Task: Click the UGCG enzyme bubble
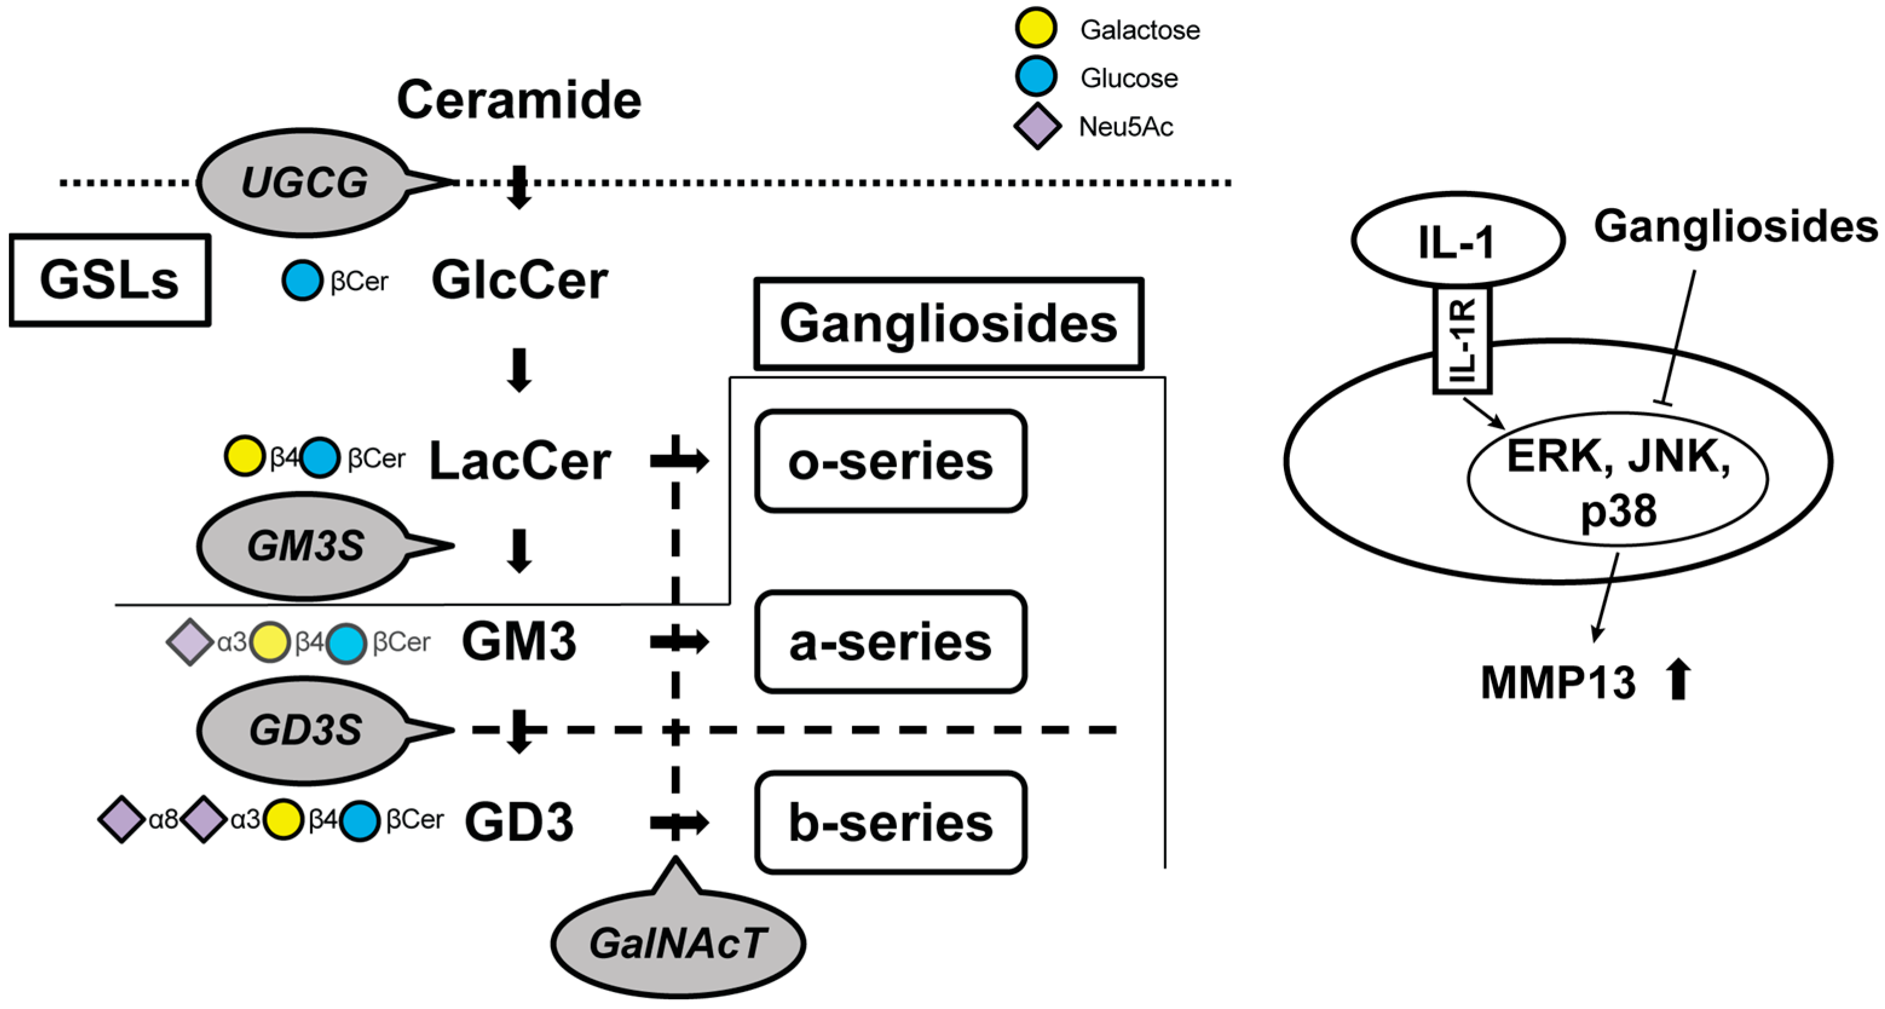304,182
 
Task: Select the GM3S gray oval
304,546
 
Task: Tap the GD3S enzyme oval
304,730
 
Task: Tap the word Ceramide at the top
519,100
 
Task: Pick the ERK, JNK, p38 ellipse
1617,479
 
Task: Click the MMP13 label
1558,682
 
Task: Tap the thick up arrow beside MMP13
1679,680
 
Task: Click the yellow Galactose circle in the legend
1035,28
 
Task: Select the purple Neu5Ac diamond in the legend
1037,126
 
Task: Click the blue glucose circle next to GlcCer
302,281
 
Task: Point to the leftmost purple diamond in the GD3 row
121,820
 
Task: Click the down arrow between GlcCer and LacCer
519,369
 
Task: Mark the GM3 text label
519,641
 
